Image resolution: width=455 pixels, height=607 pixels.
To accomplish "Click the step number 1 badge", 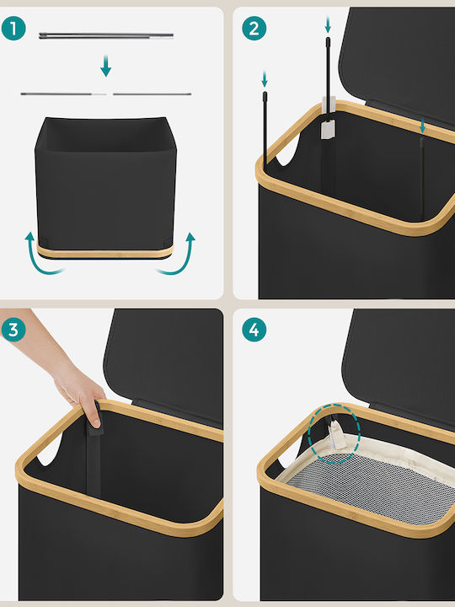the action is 13,29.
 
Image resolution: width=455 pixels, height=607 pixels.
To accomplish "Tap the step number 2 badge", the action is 254,29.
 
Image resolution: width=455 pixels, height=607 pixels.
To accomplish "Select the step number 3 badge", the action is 13,330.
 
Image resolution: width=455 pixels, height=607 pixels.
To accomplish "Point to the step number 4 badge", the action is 254,330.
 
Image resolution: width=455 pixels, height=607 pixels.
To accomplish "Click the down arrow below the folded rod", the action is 105,66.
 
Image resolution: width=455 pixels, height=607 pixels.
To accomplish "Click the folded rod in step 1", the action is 106,35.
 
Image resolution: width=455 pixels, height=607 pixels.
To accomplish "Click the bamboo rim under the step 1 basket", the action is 105,252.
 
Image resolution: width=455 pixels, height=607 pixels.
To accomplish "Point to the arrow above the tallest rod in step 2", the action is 328,24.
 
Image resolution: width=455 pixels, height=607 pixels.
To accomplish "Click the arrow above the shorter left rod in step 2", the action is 265,79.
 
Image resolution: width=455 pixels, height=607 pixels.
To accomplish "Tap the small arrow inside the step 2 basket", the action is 422,126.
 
